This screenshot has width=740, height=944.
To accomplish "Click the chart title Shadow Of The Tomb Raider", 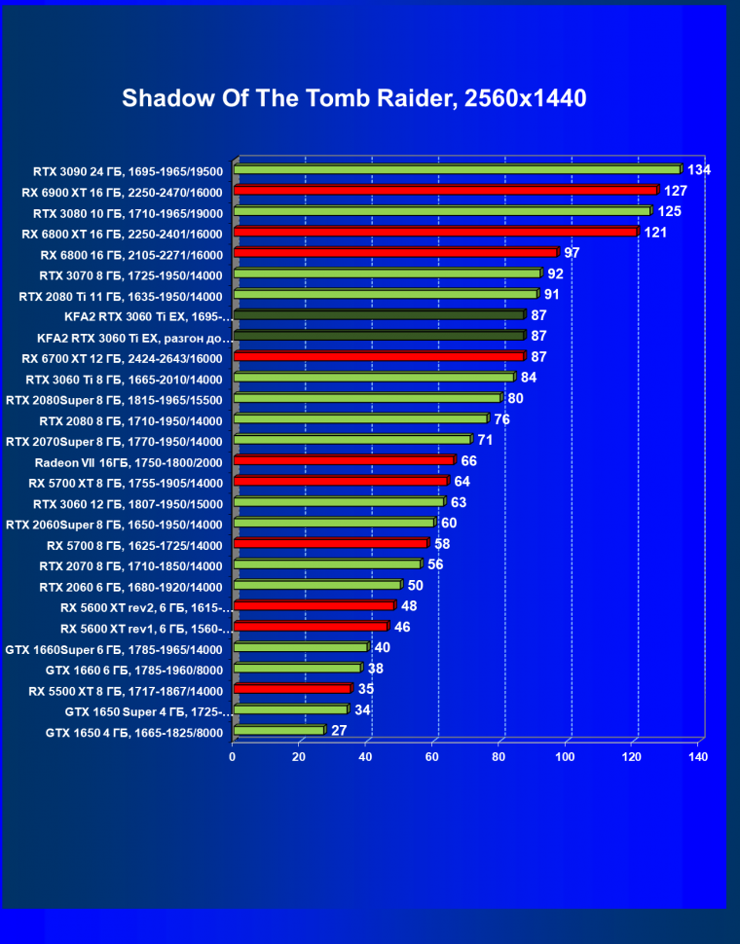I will [354, 98].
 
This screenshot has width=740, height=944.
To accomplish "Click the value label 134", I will [698, 170].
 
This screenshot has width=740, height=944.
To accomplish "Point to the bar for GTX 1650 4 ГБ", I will [278, 731].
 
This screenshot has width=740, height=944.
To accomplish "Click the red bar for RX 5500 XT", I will [291, 689].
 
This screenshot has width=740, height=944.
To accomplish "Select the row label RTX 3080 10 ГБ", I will [128, 212].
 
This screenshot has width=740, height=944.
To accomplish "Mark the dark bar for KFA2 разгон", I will [379, 337].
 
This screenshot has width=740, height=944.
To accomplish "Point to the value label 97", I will [572, 253].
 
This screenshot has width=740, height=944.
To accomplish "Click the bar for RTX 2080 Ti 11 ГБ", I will [385, 295].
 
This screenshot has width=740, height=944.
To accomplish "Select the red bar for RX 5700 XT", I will [340, 482].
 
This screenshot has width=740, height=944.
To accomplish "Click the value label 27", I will [339, 730].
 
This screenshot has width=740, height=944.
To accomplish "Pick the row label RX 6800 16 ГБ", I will [131, 254].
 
